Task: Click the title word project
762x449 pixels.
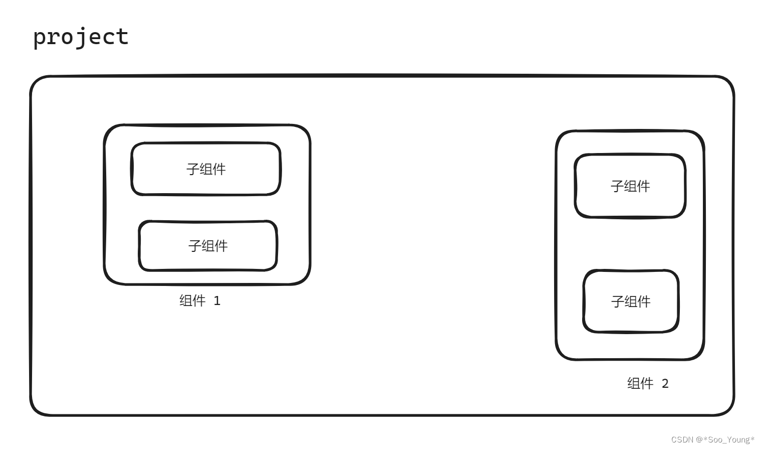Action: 81,37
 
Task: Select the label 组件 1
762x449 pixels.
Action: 200,301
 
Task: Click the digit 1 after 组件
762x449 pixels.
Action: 217,301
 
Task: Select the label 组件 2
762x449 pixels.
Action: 648,383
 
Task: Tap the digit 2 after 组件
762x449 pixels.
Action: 665,384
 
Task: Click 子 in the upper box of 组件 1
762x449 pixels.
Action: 193,169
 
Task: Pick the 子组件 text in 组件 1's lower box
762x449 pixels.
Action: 208,246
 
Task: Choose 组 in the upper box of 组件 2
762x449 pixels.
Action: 630,186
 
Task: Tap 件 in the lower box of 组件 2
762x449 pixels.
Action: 644,302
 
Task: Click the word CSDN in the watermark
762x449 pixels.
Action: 682,439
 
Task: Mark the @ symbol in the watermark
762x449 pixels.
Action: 699,439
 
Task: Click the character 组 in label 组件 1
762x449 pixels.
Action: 186,301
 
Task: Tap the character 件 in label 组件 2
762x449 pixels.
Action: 647,383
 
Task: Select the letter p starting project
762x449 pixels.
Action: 40,38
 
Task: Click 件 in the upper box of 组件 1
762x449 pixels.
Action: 219,169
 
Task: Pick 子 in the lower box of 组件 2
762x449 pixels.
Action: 618,302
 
